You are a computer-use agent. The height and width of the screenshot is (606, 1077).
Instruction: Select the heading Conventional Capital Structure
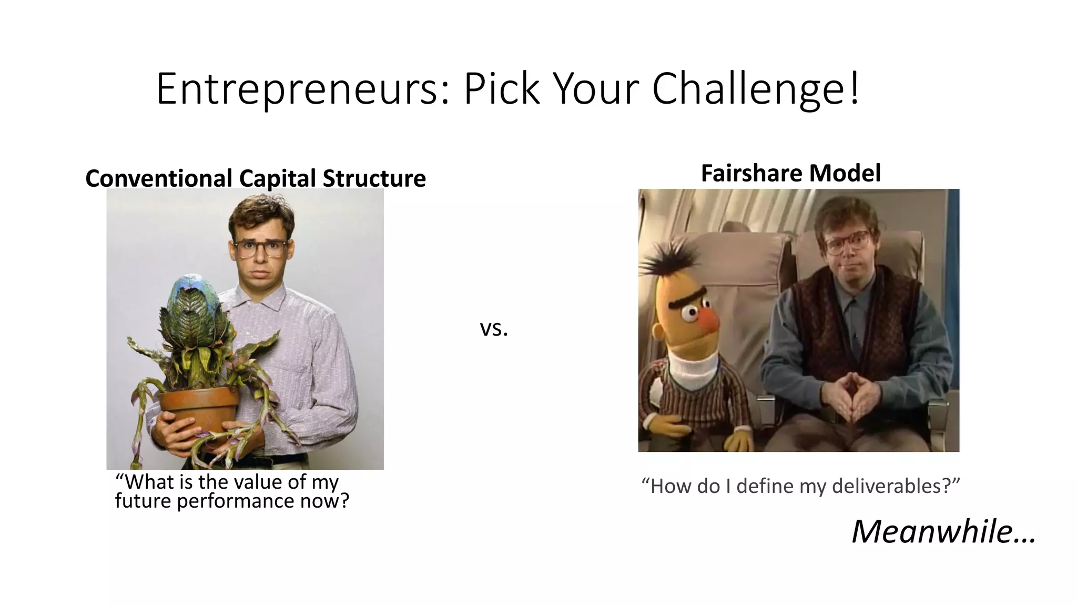click(256, 178)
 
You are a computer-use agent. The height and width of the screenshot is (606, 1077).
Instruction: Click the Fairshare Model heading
click(790, 173)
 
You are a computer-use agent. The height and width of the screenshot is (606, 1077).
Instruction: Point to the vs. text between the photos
click(494, 329)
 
